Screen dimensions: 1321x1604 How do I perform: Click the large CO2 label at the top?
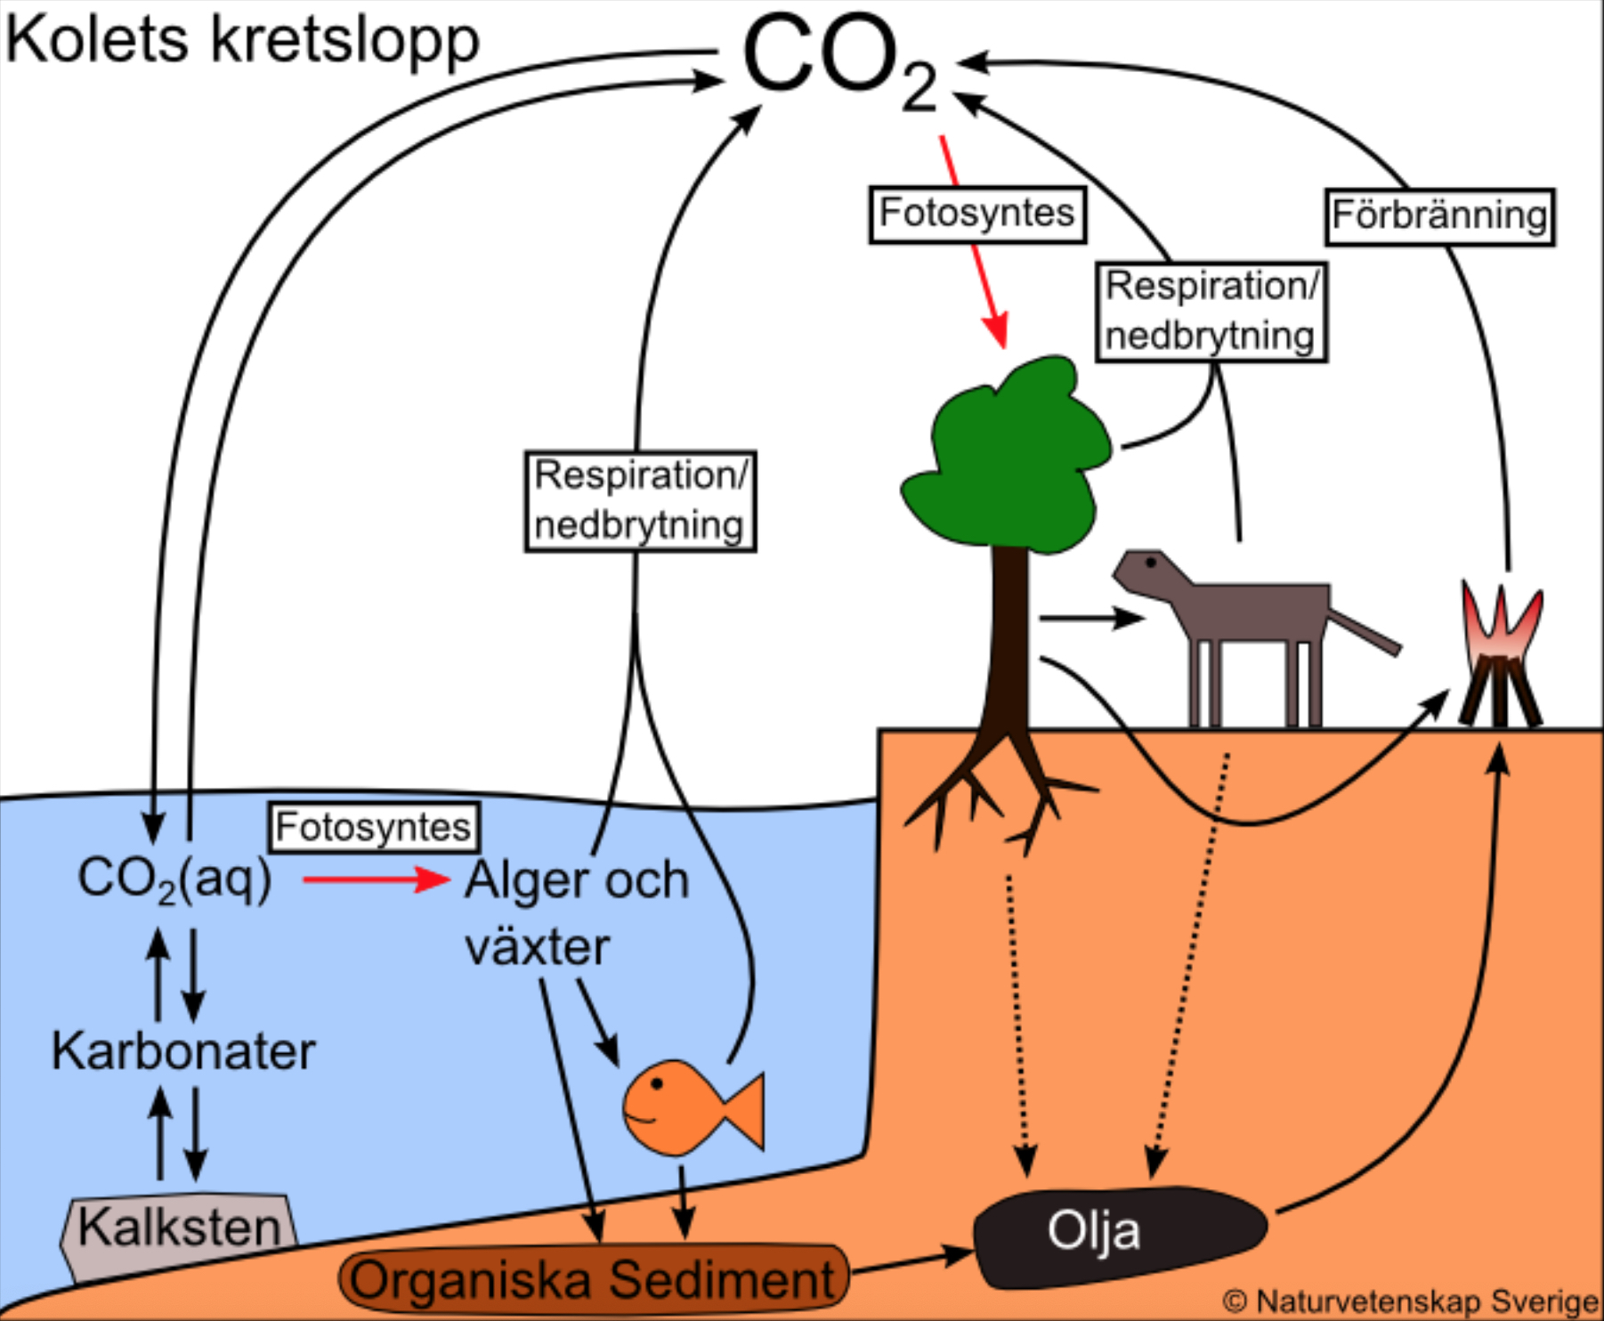[837, 58]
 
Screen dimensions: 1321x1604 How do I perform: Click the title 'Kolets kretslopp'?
[242, 40]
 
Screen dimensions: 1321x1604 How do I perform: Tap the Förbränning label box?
[1439, 216]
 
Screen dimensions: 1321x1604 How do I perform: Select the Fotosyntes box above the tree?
[976, 215]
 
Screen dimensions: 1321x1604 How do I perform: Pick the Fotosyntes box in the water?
[373, 827]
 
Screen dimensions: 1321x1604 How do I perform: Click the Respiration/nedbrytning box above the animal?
[1211, 312]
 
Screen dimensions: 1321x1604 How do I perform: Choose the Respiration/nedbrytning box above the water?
[639, 501]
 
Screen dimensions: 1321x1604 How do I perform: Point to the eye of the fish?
[657, 1083]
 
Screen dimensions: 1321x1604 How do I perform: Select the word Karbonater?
[183, 1051]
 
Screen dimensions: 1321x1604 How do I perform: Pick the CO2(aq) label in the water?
[174, 879]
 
